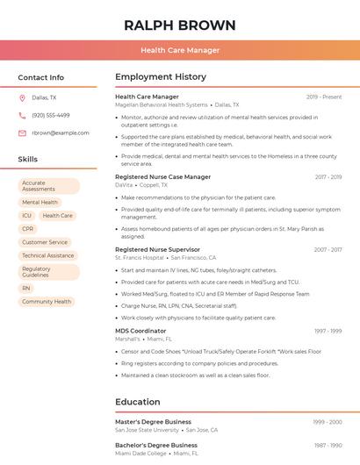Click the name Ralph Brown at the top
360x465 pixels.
click(180, 25)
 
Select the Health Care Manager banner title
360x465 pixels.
click(180, 50)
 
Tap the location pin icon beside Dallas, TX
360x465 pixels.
click(22, 98)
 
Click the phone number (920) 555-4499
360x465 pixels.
click(51, 115)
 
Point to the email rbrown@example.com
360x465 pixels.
click(61, 132)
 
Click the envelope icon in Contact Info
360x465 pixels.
click(22, 132)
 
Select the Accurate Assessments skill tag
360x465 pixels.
click(48, 186)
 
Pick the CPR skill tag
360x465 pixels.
click(28, 228)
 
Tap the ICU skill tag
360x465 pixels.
click(27, 215)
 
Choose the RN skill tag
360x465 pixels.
click(26, 288)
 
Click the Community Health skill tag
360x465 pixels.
click(47, 301)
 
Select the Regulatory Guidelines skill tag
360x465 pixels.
click(48, 272)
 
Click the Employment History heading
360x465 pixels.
click(161, 77)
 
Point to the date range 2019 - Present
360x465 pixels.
click(324, 97)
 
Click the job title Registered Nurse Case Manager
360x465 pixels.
click(163, 176)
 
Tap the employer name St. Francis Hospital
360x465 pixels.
click(140, 258)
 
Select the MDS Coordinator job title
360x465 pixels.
click(140, 331)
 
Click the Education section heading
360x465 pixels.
click(137, 402)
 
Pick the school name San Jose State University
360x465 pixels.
click(147, 430)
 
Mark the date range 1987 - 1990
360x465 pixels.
click(328, 446)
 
